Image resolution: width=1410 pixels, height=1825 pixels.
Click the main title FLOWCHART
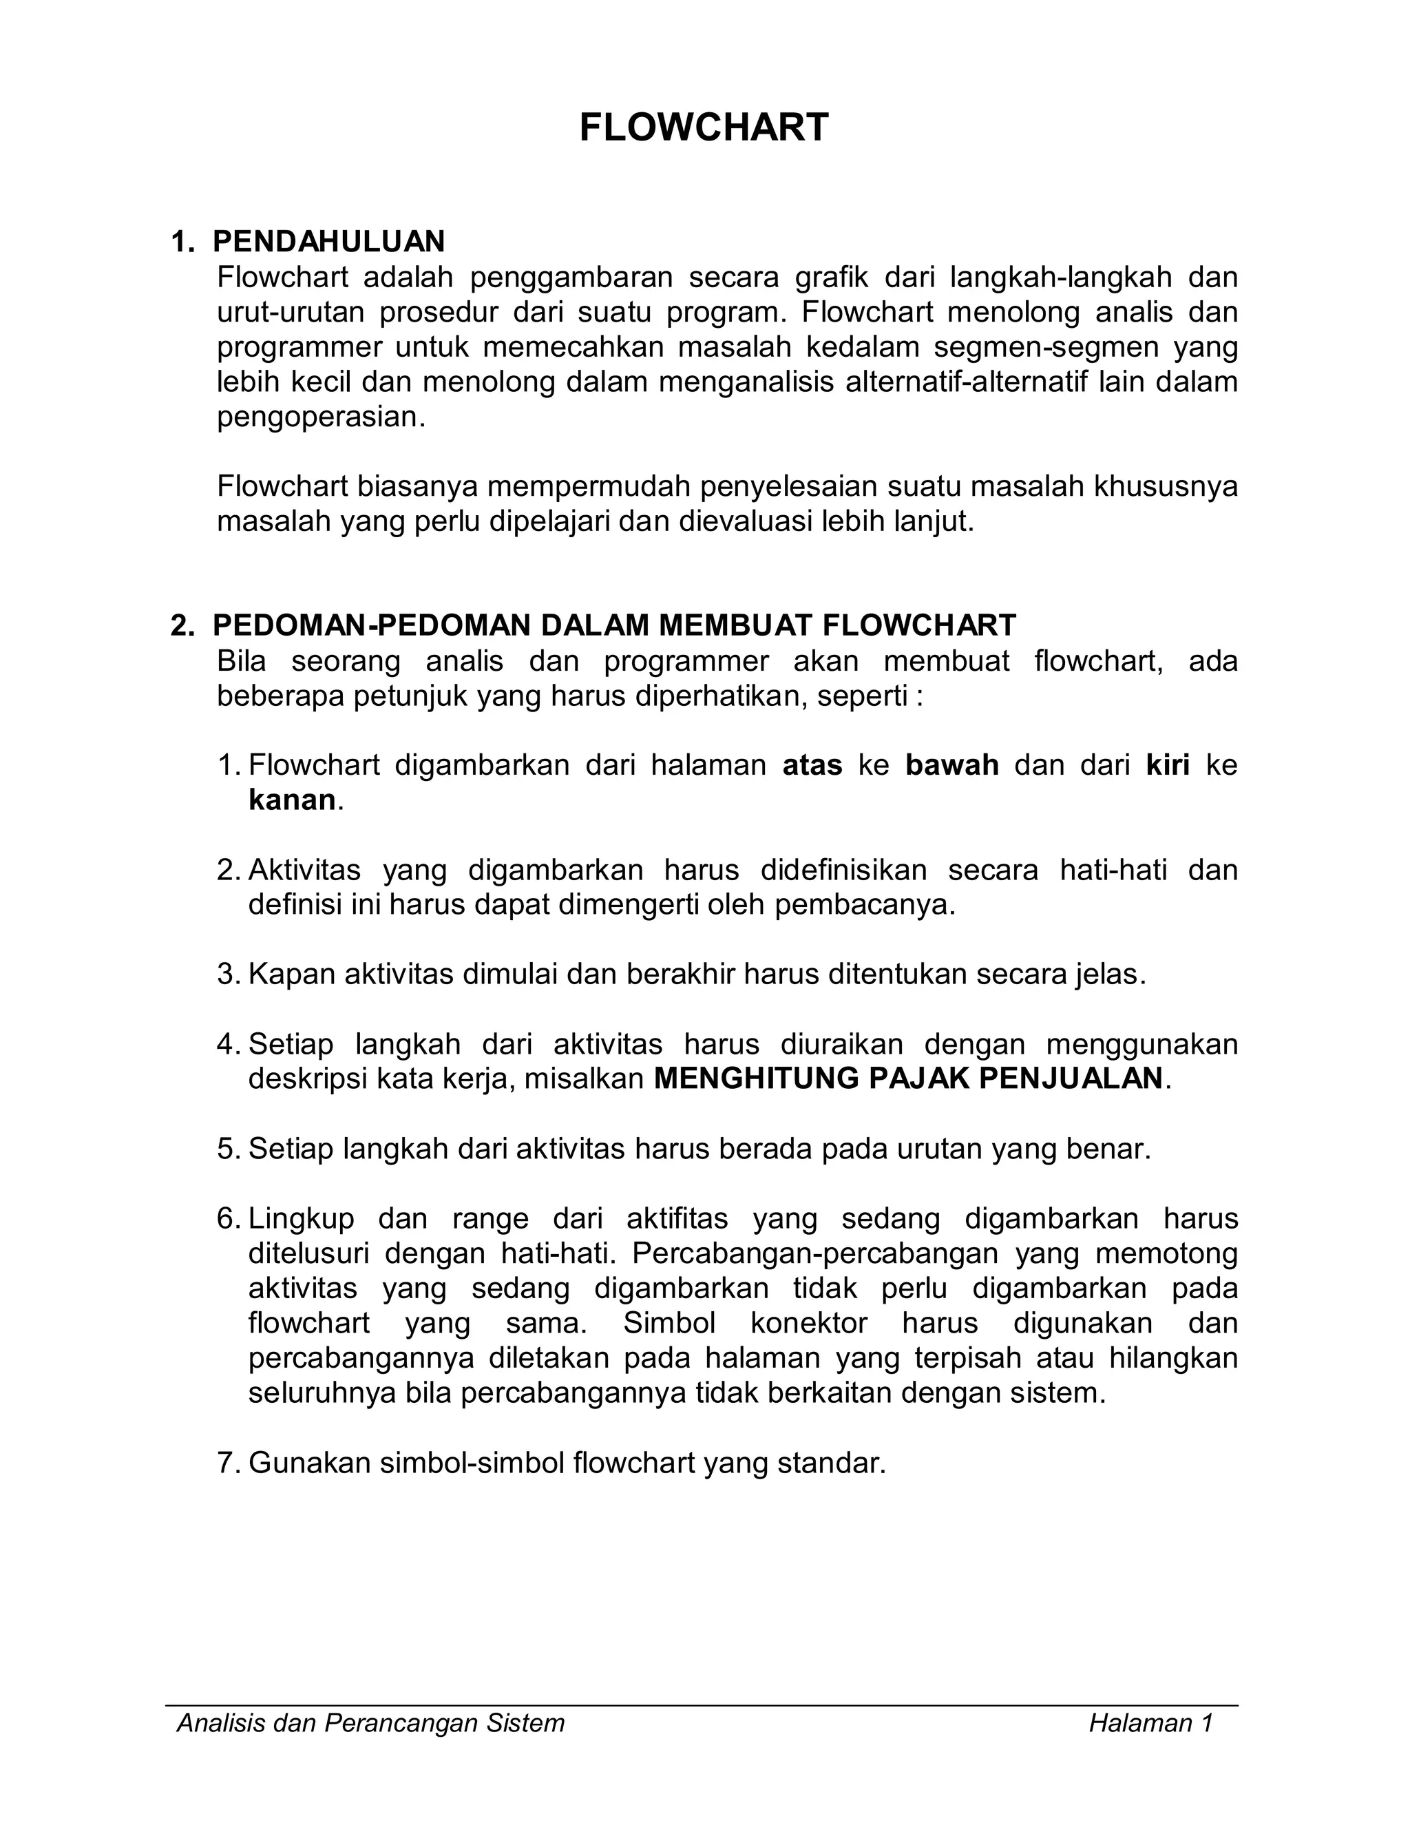[704, 129]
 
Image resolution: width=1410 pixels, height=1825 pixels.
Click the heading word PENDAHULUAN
[328, 242]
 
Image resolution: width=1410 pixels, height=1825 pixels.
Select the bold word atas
[812, 764]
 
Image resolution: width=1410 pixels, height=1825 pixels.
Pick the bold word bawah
[952, 764]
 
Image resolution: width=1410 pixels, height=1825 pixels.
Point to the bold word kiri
[1168, 764]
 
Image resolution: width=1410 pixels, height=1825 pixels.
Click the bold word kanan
[291, 800]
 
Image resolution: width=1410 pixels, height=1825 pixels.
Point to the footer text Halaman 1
[1150, 1724]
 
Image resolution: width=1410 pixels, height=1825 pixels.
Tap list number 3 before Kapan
[227, 974]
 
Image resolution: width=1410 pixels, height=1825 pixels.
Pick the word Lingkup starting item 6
[302, 1219]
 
